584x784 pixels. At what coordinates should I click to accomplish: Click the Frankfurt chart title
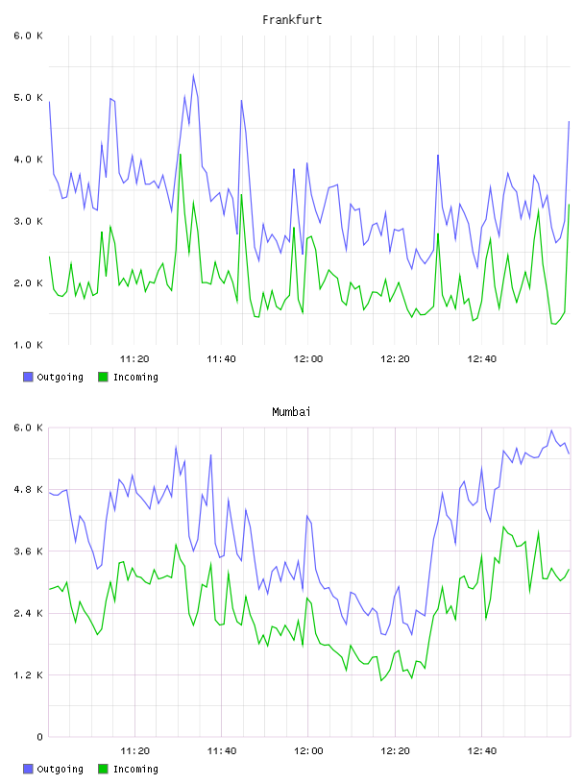click(292, 20)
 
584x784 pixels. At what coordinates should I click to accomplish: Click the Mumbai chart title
click(291, 412)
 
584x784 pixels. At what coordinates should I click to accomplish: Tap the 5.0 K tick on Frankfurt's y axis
click(28, 97)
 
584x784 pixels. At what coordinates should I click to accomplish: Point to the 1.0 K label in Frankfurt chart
click(28, 345)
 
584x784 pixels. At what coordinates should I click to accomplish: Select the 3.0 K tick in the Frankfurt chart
click(28, 221)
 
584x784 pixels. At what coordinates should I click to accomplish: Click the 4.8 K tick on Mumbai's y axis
click(28, 489)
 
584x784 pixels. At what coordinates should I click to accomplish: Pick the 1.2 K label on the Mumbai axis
click(28, 675)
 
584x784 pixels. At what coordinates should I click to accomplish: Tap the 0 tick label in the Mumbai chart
click(39, 737)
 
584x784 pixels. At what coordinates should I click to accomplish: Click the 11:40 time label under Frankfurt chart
click(221, 359)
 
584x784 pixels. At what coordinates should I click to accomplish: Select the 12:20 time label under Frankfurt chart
click(395, 359)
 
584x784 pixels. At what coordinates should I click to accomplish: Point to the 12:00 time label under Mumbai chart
click(308, 751)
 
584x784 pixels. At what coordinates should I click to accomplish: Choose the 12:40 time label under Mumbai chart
click(482, 751)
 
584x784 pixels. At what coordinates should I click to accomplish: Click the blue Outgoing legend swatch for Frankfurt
click(28, 377)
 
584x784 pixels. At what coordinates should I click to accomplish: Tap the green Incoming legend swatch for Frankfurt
click(103, 377)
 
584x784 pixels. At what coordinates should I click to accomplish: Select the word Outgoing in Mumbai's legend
click(60, 769)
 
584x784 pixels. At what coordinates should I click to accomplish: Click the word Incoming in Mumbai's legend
click(135, 769)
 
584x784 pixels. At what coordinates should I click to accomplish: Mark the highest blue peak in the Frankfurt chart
click(193, 76)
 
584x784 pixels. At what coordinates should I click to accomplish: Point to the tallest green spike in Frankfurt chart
click(180, 154)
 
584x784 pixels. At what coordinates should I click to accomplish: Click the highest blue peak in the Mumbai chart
click(551, 430)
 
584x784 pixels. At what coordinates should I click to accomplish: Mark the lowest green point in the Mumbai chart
click(381, 680)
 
